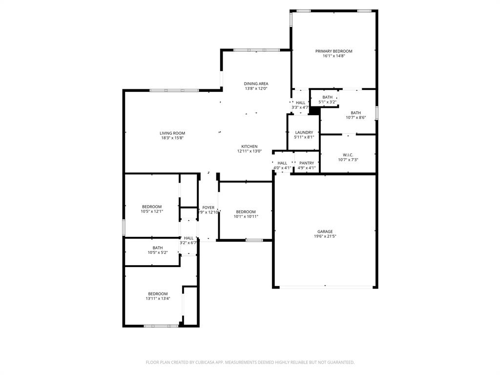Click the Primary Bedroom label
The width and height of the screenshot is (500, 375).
click(333, 51)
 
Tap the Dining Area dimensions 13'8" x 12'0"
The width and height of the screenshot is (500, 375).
click(256, 89)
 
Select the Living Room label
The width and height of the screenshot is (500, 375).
click(172, 133)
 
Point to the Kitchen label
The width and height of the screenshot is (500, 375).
click(249, 146)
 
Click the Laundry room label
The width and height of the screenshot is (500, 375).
click(304, 132)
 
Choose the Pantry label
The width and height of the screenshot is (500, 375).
click(307, 163)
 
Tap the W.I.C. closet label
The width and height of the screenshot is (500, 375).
click(348, 155)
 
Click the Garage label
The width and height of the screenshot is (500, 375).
click(325, 231)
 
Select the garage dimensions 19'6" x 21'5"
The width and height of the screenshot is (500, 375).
click(325, 236)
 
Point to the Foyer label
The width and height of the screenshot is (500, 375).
click(208, 208)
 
